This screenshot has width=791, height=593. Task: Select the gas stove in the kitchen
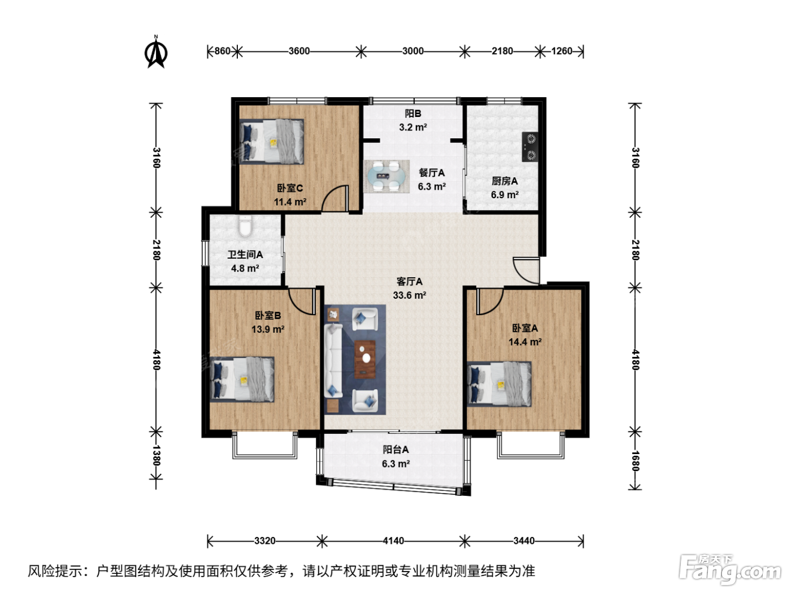pyautogui.click(x=530, y=146)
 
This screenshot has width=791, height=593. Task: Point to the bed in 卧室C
pyautogui.click(x=272, y=142)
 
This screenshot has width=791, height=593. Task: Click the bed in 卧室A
pyautogui.click(x=499, y=384)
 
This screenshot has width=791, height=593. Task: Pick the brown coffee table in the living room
pyautogui.click(x=365, y=359)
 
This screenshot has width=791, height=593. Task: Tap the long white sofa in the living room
pyautogui.click(x=333, y=360)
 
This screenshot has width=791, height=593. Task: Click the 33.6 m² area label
pyautogui.click(x=410, y=295)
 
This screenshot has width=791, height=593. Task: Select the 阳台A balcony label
pyautogui.click(x=395, y=450)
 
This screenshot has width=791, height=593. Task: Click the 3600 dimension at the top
pyautogui.click(x=299, y=51)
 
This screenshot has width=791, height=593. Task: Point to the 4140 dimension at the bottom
pyautogui.click(x=393, y=540)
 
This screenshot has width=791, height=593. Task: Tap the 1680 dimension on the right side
pyautogui.click(x=635, y=461)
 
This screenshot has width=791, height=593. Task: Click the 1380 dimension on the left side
pyautogui.click(x=156, y=456)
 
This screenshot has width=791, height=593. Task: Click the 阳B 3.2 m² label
pyautogui.click(x=413, y=120)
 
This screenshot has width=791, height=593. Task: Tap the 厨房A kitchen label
pyautogui.click(x=505, y=181)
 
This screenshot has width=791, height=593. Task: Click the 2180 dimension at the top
pyautogui.click(x=502, y=51)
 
